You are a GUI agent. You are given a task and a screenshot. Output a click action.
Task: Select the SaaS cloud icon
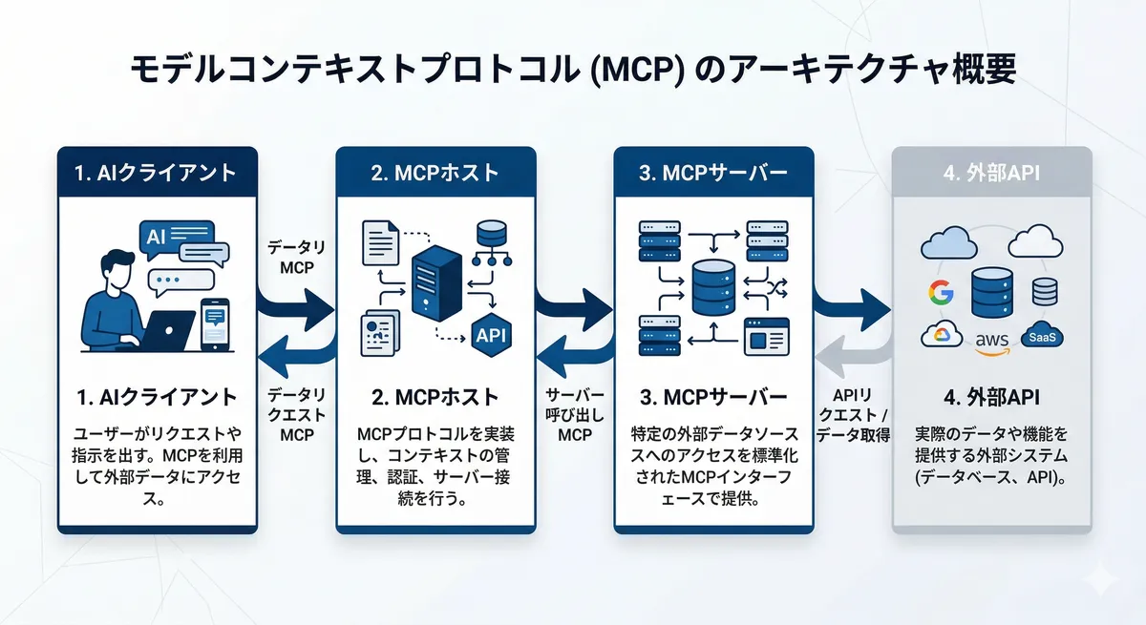1043,336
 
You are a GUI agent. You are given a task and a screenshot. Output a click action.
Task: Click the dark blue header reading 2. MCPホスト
435,173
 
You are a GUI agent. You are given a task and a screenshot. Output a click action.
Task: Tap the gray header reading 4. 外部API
991,173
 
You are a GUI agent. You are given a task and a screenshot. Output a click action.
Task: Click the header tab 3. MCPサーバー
712,173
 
